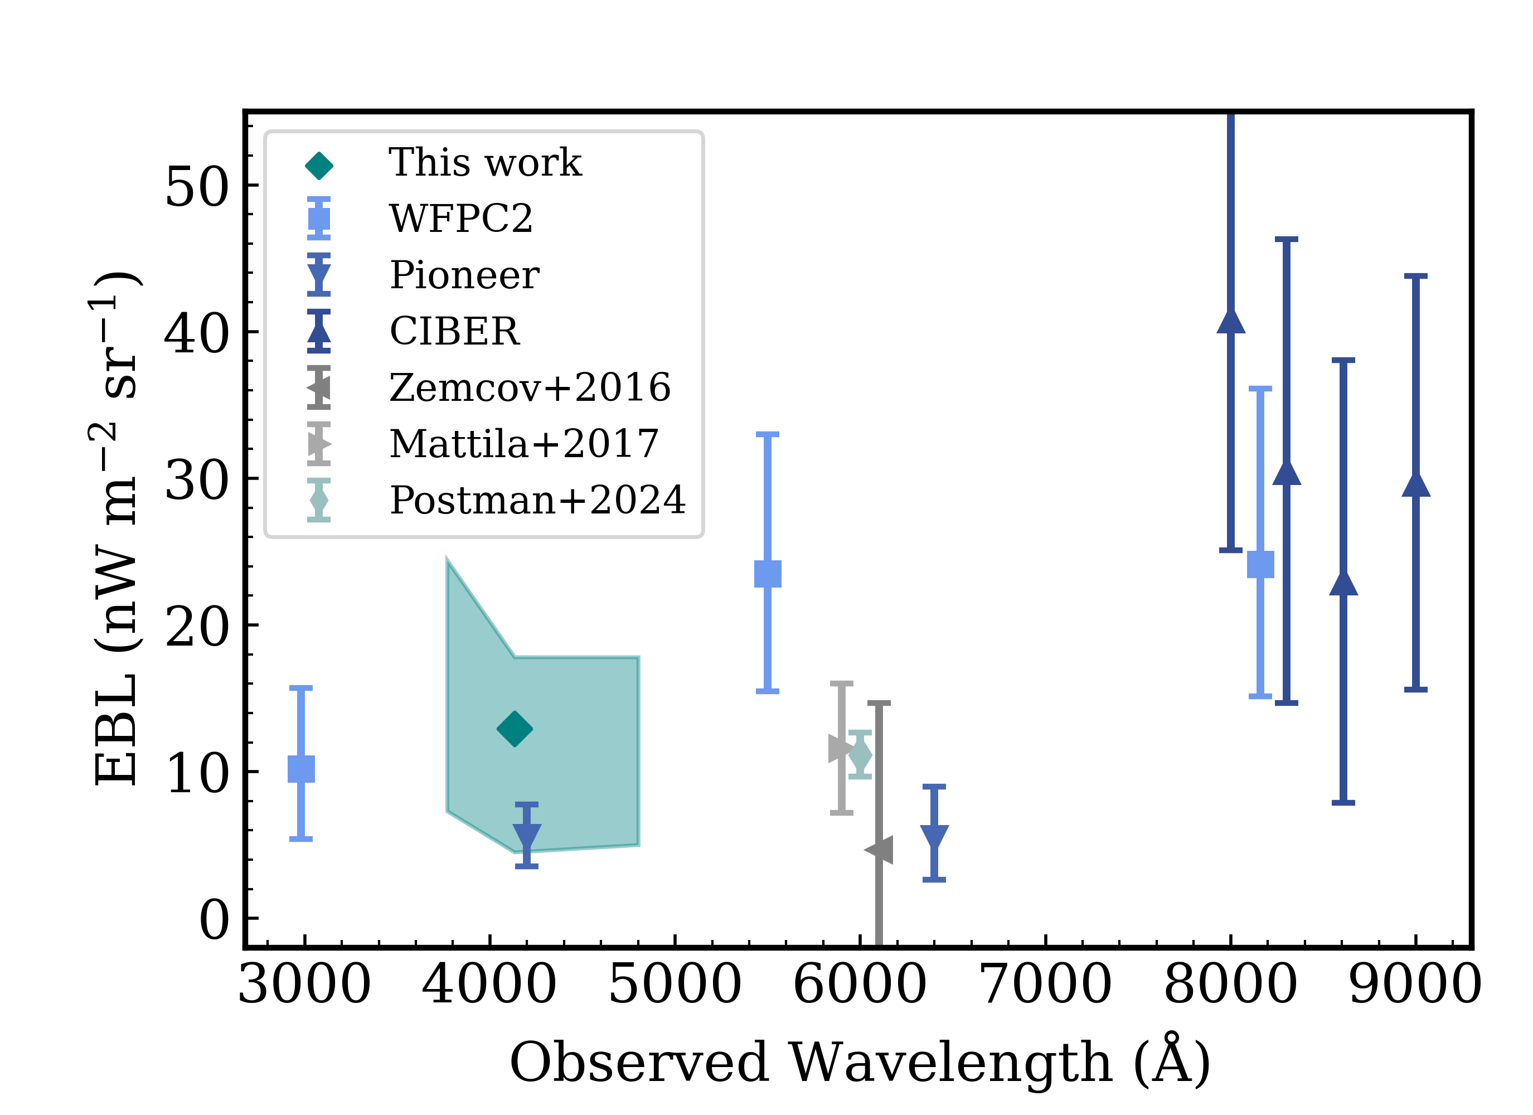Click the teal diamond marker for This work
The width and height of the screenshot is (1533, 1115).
(515, 729)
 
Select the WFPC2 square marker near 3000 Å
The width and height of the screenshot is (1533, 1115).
(301, 769)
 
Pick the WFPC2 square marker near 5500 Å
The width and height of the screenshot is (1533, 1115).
(767, 574)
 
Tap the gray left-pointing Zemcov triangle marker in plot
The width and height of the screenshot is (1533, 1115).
(879, 850)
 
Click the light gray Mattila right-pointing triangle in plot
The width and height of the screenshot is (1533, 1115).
(841, 749)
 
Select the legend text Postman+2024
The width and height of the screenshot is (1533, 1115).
(537, 501)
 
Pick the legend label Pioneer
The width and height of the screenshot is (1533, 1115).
(464, 275)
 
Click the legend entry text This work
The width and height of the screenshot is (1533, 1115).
(484, 163)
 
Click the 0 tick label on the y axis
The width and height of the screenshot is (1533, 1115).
(214, 920)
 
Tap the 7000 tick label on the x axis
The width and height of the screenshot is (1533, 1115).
(1045, 985)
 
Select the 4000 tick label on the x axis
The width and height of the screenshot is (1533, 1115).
(489, 985)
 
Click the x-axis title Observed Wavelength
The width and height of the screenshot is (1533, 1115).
(811, 1062)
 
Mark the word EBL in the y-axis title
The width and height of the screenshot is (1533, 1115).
(117, 730)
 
